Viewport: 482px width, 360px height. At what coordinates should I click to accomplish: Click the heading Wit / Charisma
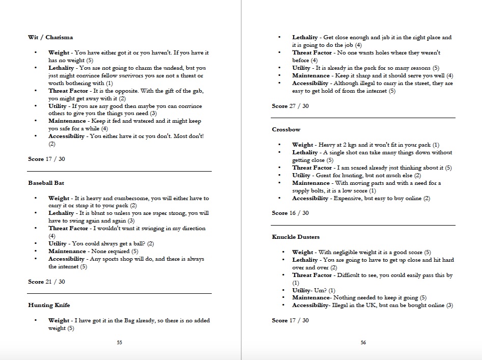coord(50,37)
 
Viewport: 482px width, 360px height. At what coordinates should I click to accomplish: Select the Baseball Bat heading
coord(46,182)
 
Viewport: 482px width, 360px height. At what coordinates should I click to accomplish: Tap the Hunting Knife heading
coord(49,305)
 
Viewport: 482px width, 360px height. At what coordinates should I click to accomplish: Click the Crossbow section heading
coord(285,129)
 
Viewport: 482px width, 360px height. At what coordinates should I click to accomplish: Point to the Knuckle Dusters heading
coord(296,237)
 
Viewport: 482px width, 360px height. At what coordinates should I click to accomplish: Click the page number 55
coord(120,343)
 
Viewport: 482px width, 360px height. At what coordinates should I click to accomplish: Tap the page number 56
coord(363,343)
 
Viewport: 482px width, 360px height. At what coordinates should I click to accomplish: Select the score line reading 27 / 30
coord(290,106)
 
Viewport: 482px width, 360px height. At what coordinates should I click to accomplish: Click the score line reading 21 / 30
coord(46,282)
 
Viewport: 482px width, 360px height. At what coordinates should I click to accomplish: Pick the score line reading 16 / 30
coord(290,213)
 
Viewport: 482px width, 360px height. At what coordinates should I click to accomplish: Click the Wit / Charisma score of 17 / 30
coord(46,159)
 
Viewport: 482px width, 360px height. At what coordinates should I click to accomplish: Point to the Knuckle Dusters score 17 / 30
coord(290,320)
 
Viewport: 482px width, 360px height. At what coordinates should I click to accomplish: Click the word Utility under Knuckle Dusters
coord(301,290)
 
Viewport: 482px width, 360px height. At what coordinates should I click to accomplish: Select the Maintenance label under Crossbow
coord(310,183)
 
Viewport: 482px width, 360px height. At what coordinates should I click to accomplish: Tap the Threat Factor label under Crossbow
coord(312,168)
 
